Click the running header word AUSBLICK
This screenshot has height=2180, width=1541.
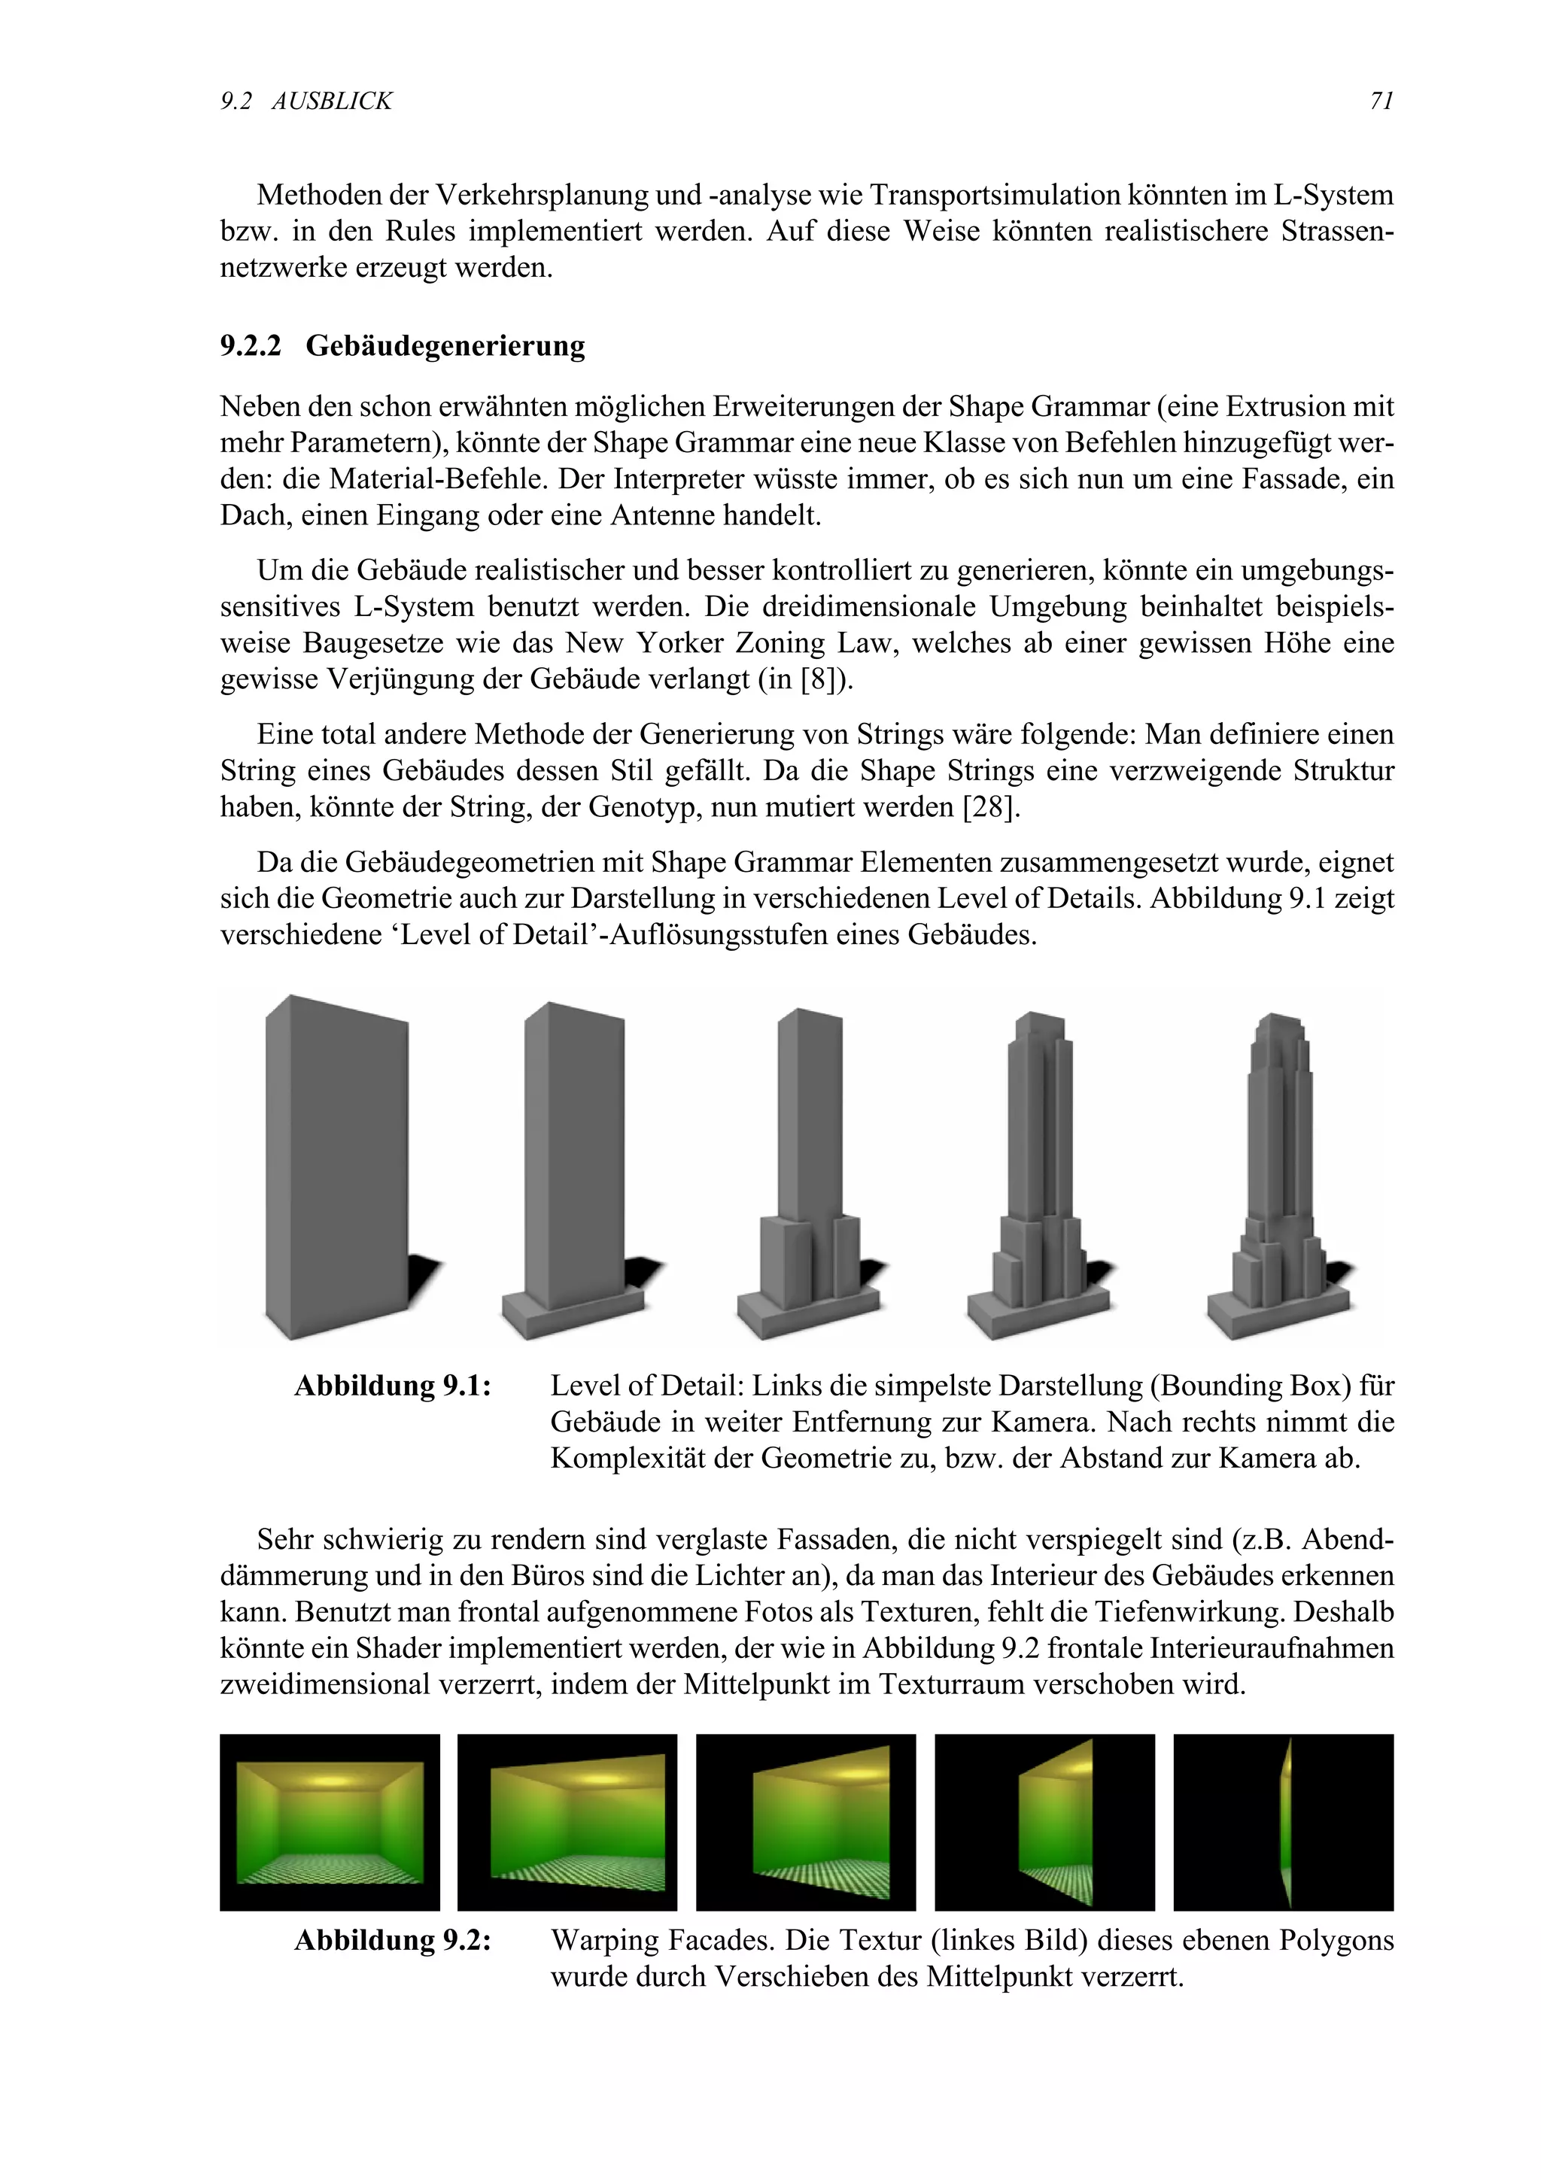pyautogui.click(x=331, y=101)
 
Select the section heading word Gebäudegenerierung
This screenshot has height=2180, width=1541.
pyautogui.click(x=445, y=345)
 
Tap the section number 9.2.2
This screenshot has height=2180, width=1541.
pyautogui.click(x=251, y=345)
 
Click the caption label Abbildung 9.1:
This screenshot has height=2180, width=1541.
pyautogui.click(x=392, y=1386)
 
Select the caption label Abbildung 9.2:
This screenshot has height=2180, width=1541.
pyautogui.click(x=392, y=1940)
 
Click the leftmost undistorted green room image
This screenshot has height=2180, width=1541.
pyautogui.click(x=330, y=1822)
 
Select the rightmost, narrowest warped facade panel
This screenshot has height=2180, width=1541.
pyautogui.click(x=1287, y=1822)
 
